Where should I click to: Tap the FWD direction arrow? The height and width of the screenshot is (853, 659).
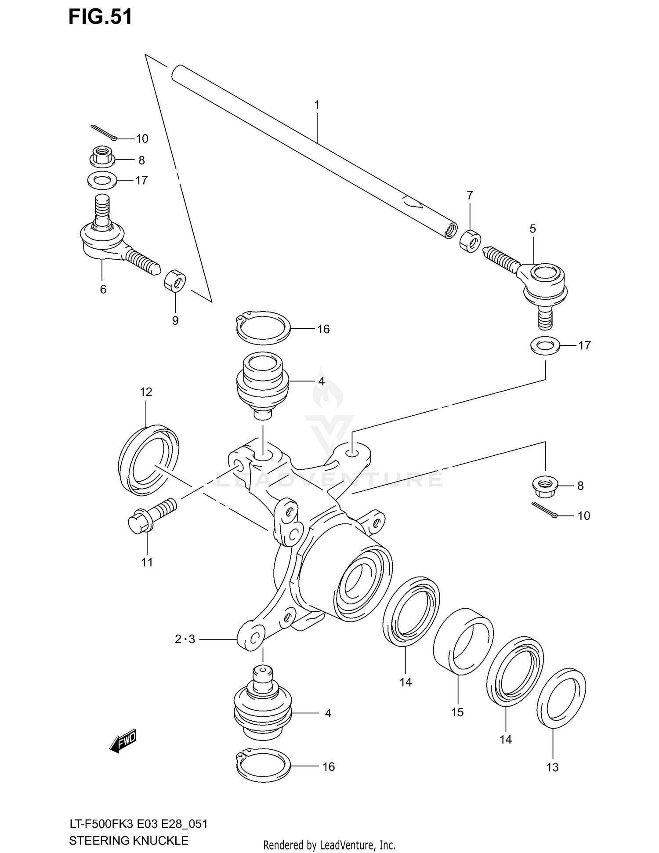[123, 741]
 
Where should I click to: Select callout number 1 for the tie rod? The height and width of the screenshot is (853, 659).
[317, 105]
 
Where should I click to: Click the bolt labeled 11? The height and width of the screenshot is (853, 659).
[151, 517]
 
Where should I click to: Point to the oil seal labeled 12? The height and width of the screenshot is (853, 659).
[148, 460]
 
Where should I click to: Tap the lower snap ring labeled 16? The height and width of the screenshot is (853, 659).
[263, 765]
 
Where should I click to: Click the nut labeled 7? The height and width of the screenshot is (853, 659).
[470, 241]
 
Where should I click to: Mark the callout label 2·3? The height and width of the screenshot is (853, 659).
[185, 639]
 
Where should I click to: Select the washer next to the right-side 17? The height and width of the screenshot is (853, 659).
[545, 345]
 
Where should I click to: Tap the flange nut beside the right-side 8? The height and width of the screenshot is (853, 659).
[544, 486]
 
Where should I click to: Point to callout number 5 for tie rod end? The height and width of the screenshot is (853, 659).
[532, 229]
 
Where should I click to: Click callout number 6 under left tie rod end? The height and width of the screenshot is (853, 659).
[103, 289]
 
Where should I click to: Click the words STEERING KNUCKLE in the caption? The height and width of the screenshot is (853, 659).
[129, 840]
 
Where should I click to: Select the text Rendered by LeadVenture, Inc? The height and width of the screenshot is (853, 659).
[329, 845]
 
